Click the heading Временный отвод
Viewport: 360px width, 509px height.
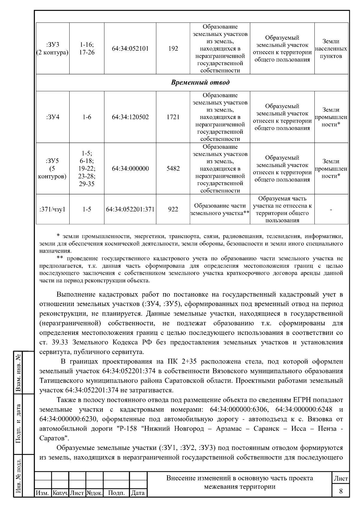pos(200,82)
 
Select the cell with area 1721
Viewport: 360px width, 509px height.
pos(173,117)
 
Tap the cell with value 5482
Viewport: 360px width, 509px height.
pos(173,169)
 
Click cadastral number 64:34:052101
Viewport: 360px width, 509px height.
pos(130,49)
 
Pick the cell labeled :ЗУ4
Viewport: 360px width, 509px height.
pos(53,117)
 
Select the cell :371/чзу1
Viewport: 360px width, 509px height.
pos(52,210)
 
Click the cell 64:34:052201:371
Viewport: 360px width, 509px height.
pos(130,210)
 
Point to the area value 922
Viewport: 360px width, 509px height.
pos(173,210)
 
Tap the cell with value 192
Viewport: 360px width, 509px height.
pos(173,49)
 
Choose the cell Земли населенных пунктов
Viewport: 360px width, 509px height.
pos(331,49)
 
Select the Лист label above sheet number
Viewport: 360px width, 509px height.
pos(341,479)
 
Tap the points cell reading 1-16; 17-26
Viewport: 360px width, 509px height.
pos(87,49)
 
